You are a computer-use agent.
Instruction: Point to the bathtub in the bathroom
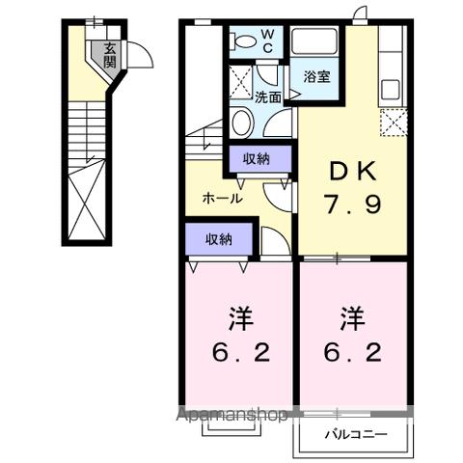[x=313, y=43]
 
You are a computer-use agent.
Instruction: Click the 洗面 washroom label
[x=268, y=96]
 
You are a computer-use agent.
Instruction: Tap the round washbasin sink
[x=244, y=121]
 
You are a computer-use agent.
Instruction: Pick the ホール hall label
[x=221, y=198]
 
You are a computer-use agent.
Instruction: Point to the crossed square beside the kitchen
[x=393, y=123]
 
